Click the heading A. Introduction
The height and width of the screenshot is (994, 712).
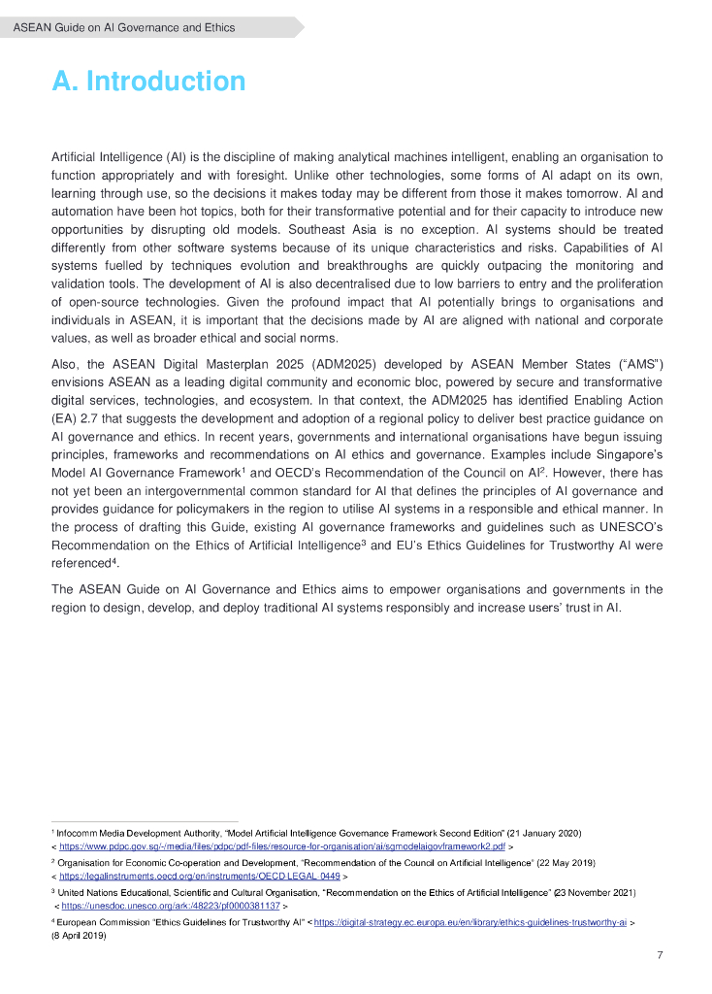click(148, 82)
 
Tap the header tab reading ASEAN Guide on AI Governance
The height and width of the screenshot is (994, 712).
click(124, 27)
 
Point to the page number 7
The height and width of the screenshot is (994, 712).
click(660, 955)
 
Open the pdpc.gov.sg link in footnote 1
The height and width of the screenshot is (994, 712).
click(281, 846)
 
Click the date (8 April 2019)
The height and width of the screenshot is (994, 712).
click(78, 936)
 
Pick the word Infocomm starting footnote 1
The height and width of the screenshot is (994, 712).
click(79, 833)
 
